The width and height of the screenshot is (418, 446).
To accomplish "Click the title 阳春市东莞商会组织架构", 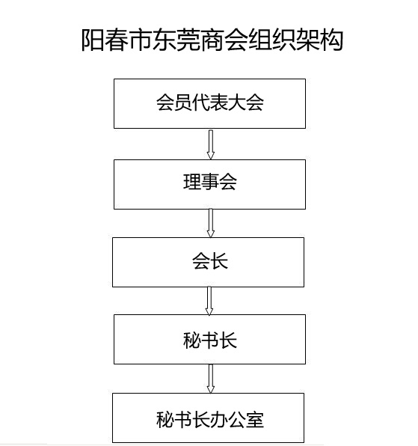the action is pos(212,40).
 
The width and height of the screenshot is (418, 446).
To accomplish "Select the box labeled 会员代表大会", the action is pos(209,103).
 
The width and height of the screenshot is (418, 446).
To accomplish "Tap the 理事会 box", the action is pos(209,184).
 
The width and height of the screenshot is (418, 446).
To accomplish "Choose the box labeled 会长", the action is pos(209,262).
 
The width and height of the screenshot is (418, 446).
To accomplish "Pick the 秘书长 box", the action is pos(209,339).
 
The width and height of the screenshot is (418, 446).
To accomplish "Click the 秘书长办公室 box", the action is pos(209,418).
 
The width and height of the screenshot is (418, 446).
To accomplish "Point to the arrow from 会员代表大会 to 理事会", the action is pos(211,144).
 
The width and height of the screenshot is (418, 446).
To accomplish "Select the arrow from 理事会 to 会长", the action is pos(211,223).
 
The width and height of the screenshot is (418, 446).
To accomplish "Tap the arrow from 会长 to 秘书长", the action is pos(209,301).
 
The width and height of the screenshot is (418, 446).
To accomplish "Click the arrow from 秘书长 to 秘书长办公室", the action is pos(211,379).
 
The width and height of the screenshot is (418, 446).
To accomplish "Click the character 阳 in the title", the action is pos(93,40).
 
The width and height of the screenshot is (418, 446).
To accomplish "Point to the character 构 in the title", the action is pos(332,40).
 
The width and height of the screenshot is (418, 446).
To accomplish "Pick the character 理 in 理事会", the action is pos(192,182).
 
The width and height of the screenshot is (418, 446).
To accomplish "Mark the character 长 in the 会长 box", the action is pos(219,261).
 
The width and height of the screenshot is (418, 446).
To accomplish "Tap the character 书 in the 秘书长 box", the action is pos(210,340).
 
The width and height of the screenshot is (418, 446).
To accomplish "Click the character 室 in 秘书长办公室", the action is pos(255,420).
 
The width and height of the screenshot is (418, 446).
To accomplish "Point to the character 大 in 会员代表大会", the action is pos(237,103).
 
